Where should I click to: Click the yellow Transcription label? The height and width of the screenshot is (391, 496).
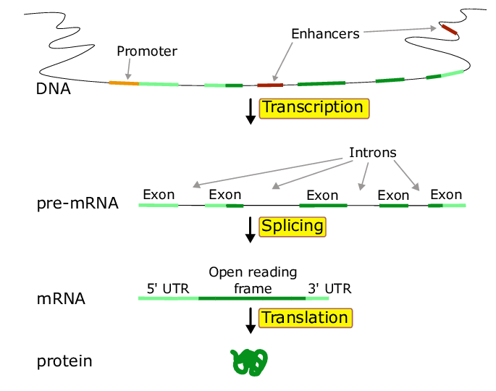click(x=314, y=108)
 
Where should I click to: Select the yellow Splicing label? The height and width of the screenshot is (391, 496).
click(x=293, y=226)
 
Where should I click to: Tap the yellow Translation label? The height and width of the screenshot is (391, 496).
click(x=305, y=318)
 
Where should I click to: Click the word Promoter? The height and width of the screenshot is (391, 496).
click(x=147, y=51)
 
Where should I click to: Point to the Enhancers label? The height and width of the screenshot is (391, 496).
click(x=325, y=34)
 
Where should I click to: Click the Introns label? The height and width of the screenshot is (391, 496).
click(x=373, y=153)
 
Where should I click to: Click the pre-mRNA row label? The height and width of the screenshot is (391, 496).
click(x=77, y=203)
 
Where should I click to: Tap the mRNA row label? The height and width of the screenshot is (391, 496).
click(x=61, y=298)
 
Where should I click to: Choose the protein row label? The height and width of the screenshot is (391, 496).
click(x=64, y=361)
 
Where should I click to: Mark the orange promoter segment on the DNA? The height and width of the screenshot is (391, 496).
click(x=124, y=83)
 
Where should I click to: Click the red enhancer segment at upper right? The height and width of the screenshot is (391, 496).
click(x=449, y=30)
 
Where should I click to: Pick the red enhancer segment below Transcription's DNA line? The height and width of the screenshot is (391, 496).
click(x=270, y=85)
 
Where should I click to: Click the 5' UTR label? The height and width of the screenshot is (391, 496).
click(x=168, y=288)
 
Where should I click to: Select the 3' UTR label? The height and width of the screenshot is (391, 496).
click(x=329, y=288)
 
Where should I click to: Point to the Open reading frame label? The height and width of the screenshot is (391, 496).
click(x=253, y=280)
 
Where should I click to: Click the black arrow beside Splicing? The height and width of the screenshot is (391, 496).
click(x=251, y=228)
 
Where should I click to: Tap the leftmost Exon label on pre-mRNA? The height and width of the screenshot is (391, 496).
click(x=159, y=194)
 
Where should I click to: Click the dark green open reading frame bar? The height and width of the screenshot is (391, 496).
click(x=252, y=298)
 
